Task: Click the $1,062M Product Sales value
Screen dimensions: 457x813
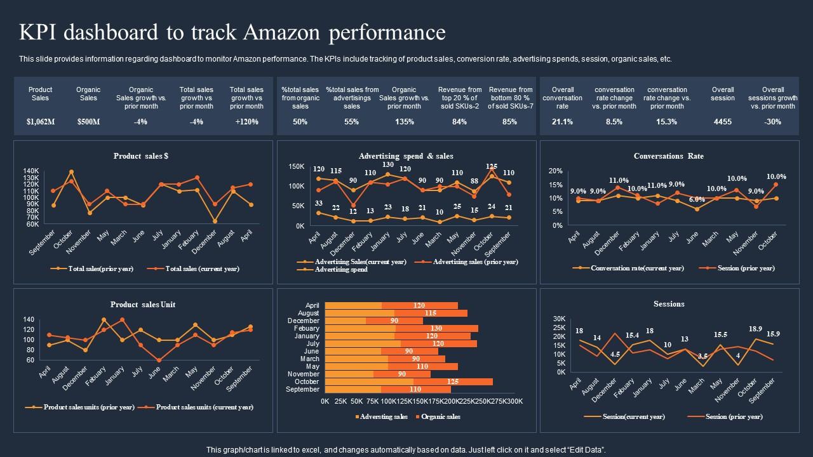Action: pos(41,122)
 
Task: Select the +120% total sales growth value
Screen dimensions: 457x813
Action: pos(246,122)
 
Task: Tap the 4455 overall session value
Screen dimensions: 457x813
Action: pos(723,122)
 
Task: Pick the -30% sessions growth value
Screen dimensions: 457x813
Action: pos(773,122)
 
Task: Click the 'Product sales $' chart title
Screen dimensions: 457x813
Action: pos(141,156)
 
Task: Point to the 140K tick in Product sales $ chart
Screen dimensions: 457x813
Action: pos(31,171)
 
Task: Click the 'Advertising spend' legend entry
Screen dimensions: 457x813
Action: pos(341,270)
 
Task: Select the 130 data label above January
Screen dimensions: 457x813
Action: pos(388,165)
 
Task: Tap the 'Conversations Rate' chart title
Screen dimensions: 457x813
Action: pos(669,156)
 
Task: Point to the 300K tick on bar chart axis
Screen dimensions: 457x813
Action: pos(513,402)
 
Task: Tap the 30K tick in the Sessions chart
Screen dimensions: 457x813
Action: pos(559,319)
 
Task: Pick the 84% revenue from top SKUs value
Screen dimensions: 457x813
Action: pos(459,122)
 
